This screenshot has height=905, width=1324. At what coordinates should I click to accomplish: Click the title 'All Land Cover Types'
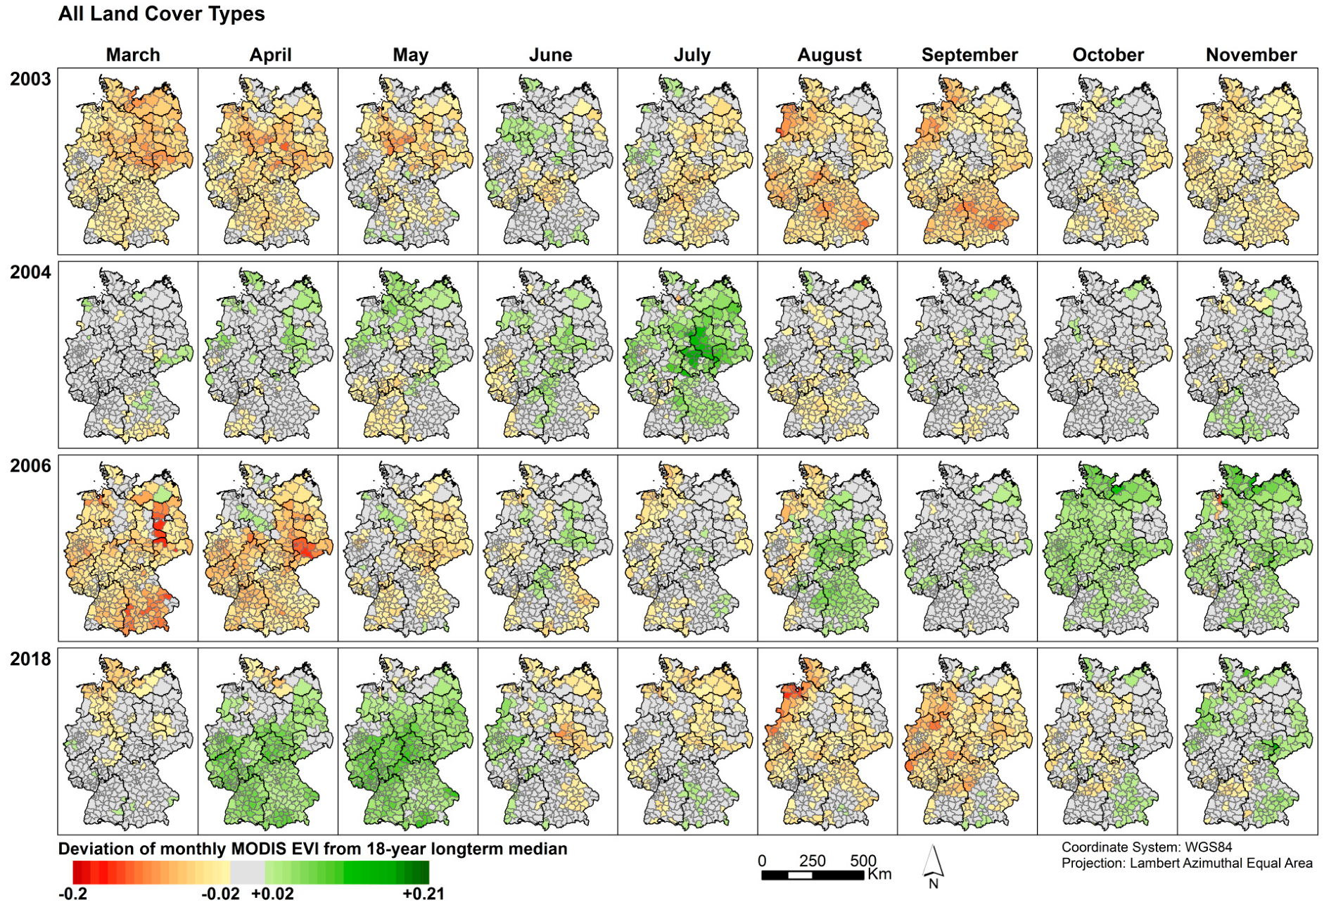(x=161, y=14)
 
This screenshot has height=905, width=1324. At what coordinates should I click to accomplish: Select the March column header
(x=133, y=55)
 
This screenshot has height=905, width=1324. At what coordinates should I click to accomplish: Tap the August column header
(x=829, y=55)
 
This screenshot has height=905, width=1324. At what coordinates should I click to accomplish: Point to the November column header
(x=1251, y=55)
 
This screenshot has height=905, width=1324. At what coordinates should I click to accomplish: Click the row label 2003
(x=30, y=79)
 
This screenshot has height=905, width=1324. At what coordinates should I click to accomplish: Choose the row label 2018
(x=30, y=659)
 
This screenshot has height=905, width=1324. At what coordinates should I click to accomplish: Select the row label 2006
(x=30, y=466)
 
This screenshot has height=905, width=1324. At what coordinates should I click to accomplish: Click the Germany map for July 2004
(x=687, y=355)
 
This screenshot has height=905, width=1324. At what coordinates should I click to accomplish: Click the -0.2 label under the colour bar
(x=72, y=894)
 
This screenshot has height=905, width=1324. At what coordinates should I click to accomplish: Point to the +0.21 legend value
(x=423, y=894)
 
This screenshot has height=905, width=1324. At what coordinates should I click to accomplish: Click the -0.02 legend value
(x=220, y=894)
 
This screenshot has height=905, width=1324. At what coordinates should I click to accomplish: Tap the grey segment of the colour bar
(x=247, y=873)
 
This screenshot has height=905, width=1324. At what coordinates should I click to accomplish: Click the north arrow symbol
(x=933, y=864)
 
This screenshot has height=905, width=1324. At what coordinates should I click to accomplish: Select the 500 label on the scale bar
(x=862, y=861)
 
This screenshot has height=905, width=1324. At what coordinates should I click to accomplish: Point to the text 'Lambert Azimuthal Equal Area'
(x=1221, y=863)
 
